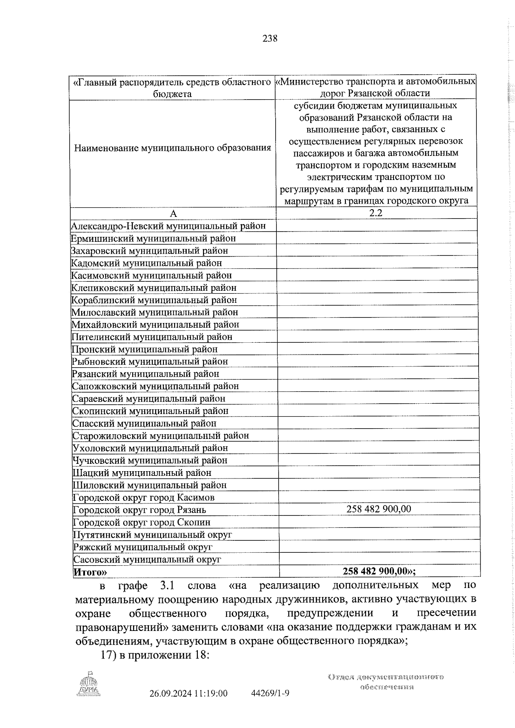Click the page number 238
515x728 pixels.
pos(270,39)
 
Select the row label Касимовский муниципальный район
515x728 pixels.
pos(151,275)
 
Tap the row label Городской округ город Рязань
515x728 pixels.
pos(139,510)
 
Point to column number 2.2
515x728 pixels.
pos(376,213)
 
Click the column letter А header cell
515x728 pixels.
pos(173,213)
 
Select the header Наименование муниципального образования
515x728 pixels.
pos(173,148)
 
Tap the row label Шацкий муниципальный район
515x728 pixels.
pos(142,473)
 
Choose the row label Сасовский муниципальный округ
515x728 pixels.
pos(147,559)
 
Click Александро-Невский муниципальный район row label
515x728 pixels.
pos(168,225)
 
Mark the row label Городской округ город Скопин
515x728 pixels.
pos(142,522)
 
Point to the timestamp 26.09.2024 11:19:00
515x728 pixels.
pos(188,705)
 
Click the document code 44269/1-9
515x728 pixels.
pos(270,705)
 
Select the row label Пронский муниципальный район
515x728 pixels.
pos(145,349)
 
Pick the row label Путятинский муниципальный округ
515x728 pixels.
pos(152,535)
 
